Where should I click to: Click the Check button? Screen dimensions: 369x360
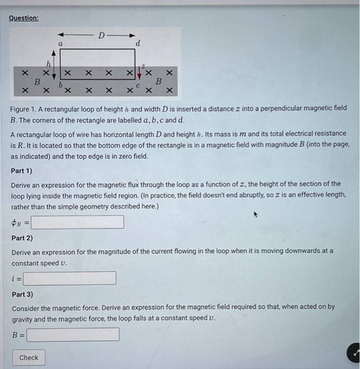pyautogui.click(x=28, y=357)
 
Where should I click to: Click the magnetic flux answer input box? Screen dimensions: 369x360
pyautogui.click(x=77, y=222)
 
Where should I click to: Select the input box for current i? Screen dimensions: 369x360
pyautogui.click(x=70, y=278)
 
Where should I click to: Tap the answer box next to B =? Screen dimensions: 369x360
pyautogui.click(x=73, y=334)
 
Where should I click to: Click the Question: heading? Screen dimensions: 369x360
pyautogui.click(x=23, y=18)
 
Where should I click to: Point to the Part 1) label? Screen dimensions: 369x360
pyautogui.click(x=22, y=171)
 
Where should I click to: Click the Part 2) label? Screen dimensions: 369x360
pyautogui.click(x=22, y=238)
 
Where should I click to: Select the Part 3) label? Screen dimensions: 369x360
pyautogui.click(x=22, y=294)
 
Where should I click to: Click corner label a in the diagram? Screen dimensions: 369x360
pyautogui.click(x=60, y=44)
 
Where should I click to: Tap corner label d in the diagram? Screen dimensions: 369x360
pyautogui.click(x=137, y=43)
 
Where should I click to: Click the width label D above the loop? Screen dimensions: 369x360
pyautogui.click(x=100, y=36)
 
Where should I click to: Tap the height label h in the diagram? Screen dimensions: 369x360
pyautogui.click(x=48, y=63)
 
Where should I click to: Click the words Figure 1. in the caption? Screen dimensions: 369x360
pyautogui.click(x=23, y=108)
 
